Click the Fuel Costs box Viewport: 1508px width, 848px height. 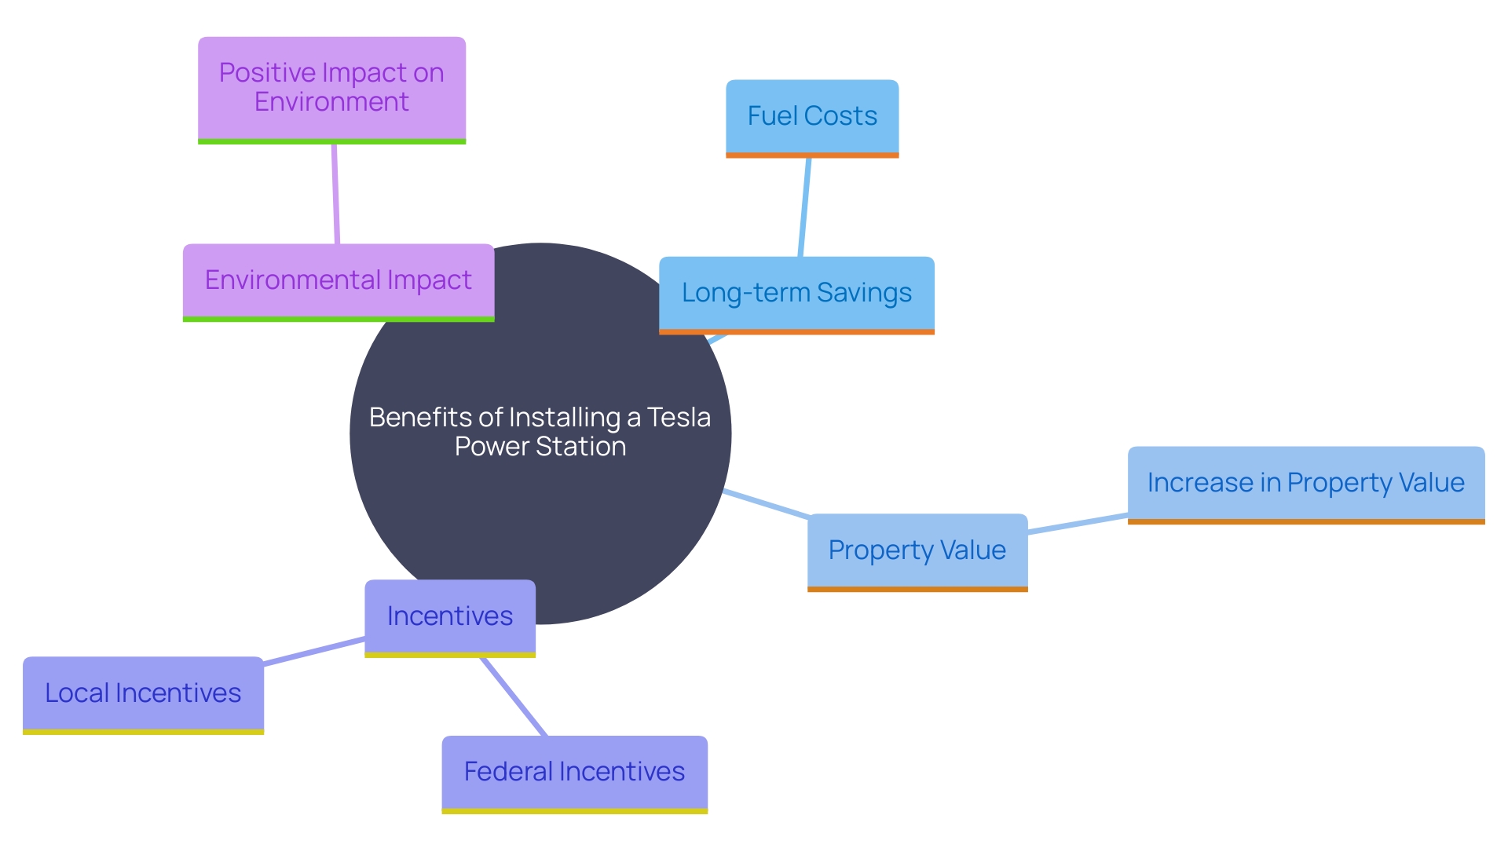pos(812,116)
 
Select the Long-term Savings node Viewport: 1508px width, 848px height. pos(796,293)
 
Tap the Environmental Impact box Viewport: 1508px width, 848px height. pos(338,280)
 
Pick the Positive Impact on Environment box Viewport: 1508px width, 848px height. pos(331,87)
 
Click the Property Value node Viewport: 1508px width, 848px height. pos(917,550)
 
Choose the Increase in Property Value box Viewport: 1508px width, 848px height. pos(1305,483)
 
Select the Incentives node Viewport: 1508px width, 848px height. pos(449,616)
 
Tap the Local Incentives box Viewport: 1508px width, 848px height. pos(143,693)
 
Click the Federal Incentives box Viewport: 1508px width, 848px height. pos(574,772)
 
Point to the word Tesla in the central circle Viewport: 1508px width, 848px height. pos(679,418)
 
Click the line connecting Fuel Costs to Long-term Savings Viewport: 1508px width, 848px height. pos(804,207)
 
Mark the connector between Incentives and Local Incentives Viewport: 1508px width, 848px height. pos(314,652)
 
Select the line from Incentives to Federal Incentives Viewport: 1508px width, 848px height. pos(514,696)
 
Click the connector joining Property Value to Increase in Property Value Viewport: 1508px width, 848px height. pos(1078,524)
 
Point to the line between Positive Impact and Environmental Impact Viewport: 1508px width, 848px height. pos(335,194)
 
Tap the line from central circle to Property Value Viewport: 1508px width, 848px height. pos(766,503)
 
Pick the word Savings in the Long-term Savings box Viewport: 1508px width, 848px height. pos(864,293)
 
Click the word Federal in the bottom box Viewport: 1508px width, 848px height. pos(503,772)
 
